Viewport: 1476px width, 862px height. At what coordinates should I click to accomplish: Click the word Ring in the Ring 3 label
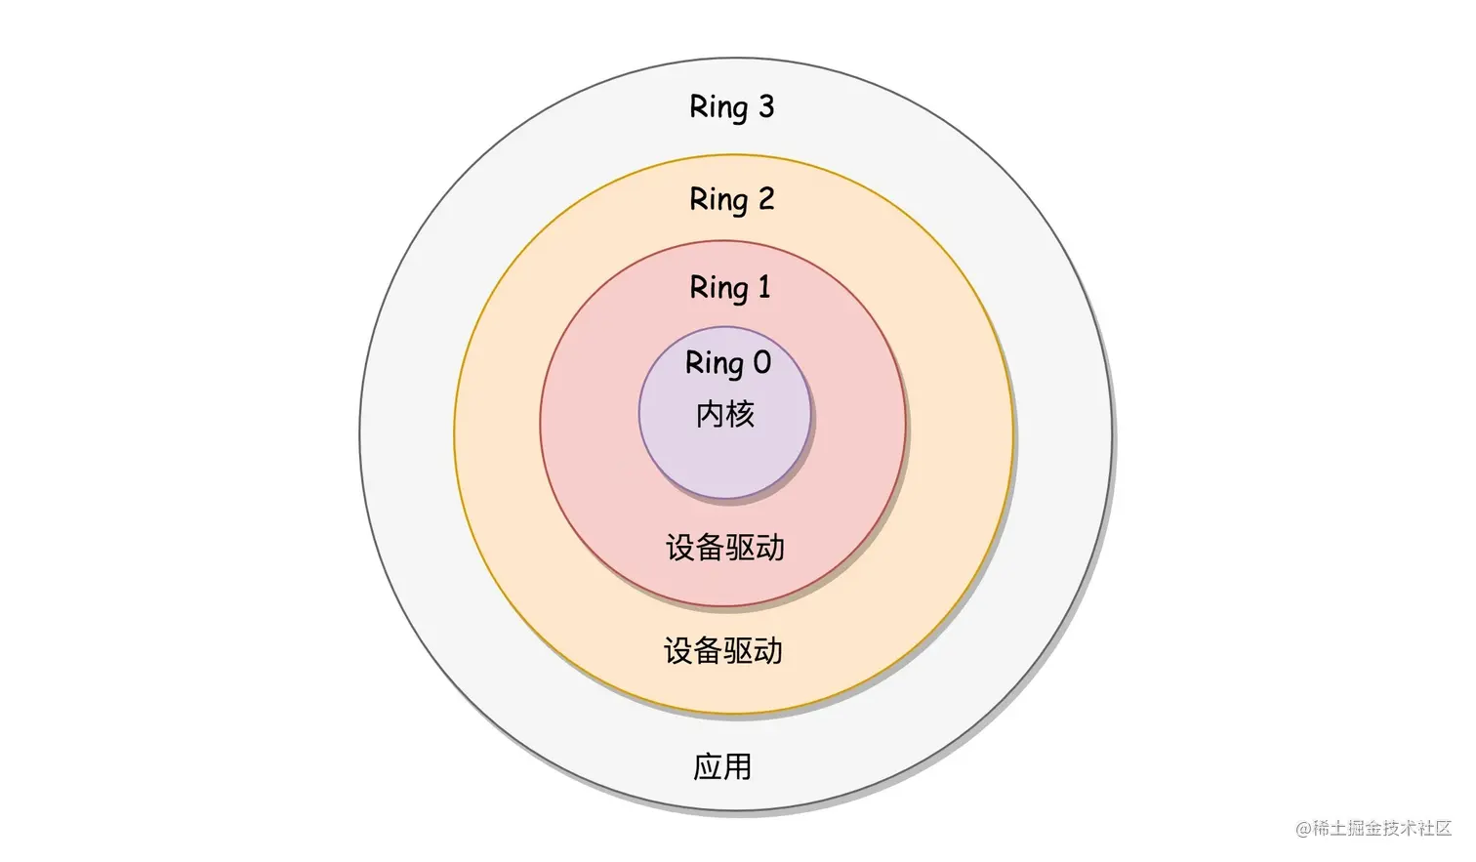pyautogui.click(x=718, y=107)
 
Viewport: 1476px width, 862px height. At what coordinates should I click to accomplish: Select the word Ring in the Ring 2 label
pyautogui.click(x=718, y=200)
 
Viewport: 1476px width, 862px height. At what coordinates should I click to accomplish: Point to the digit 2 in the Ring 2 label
pyautogui.click(x=765, y=198)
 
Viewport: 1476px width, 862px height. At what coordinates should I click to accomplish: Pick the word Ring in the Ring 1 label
pyautogui.click(x=718, y=288)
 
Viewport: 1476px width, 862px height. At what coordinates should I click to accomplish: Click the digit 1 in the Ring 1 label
pyautogui.click(x=763, y=287)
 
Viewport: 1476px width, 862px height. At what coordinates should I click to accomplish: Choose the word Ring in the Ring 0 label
pyautogui.click(x=714, y=363)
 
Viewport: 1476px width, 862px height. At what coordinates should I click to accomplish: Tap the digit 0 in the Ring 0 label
pyautogui.click(x=761, y=363)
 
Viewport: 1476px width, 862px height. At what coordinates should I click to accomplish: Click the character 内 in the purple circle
pyautogui.click(x=710, y=415)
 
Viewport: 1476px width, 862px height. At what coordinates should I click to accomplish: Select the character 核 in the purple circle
pyautogui.click(x=740, y=415)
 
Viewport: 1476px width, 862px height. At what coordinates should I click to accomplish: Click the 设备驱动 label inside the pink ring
pyautogui.click(x=725, y=548)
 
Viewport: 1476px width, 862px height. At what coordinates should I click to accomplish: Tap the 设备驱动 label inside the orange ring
pyautogui.click(x=723, y=651)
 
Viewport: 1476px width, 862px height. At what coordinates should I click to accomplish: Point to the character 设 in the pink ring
pyautogui.click(x=680, y=548)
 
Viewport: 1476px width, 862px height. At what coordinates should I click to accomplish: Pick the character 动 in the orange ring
pyautogui.click(x=768, y=651)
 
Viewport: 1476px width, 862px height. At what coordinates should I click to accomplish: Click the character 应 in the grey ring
pyautogui.click(x=708, y=767)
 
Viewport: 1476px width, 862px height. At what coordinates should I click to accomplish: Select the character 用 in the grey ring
pyautogui.click(x=738, y=767)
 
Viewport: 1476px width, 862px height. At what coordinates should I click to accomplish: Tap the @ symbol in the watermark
pyautogui.click(x=1303, y=830)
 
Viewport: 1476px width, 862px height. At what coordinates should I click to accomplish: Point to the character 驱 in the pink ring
pyautogui.click(x=740, y=548)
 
